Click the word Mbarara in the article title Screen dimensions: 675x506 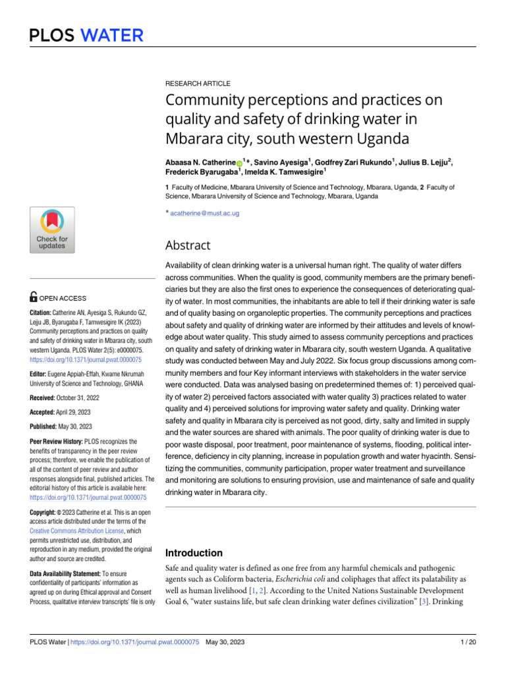point(193,140)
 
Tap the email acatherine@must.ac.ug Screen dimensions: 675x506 point(204,214)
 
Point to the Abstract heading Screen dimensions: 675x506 point(188,245)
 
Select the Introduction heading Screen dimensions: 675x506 point(194,553)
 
